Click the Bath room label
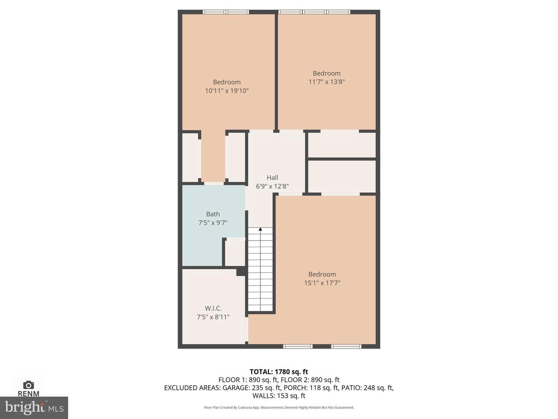tap(213, 214)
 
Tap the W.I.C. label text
tap(213, 308)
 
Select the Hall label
tap(272, 178)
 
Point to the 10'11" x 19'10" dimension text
tap(227, 91)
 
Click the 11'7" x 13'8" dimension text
tap(327, 82)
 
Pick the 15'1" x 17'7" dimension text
tap(322, 283)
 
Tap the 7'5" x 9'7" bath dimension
tap(213, 223)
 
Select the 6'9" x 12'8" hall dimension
tap(272, 187)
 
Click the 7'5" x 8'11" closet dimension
tap(213, 317)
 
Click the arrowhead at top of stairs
tap(260, 229)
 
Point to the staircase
tap(260, 269)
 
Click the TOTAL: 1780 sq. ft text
tap(279, 372)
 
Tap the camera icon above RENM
tap(28, 385)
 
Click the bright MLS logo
tap(34, 408)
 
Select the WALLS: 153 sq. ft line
tap(279, 396)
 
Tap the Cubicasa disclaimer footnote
tap(279, 407)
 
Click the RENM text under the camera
tap(28, 394)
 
